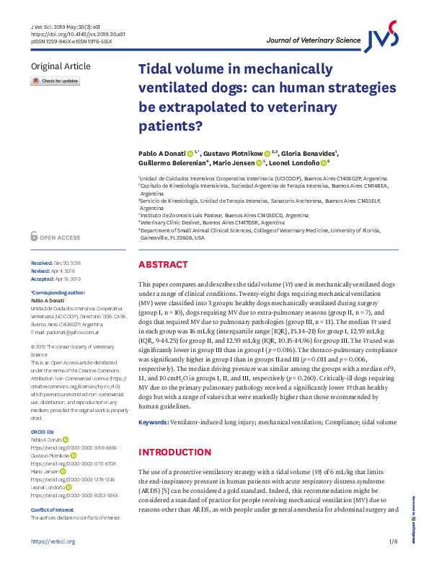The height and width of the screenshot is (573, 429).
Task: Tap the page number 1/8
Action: click(x=393, y=561)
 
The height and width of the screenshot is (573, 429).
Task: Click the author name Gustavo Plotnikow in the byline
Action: click(x=231, y=154)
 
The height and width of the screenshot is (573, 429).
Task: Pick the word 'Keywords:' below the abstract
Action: click(x=154, y=421)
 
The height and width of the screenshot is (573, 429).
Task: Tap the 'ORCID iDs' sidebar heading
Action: click(x=43, y=432)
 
